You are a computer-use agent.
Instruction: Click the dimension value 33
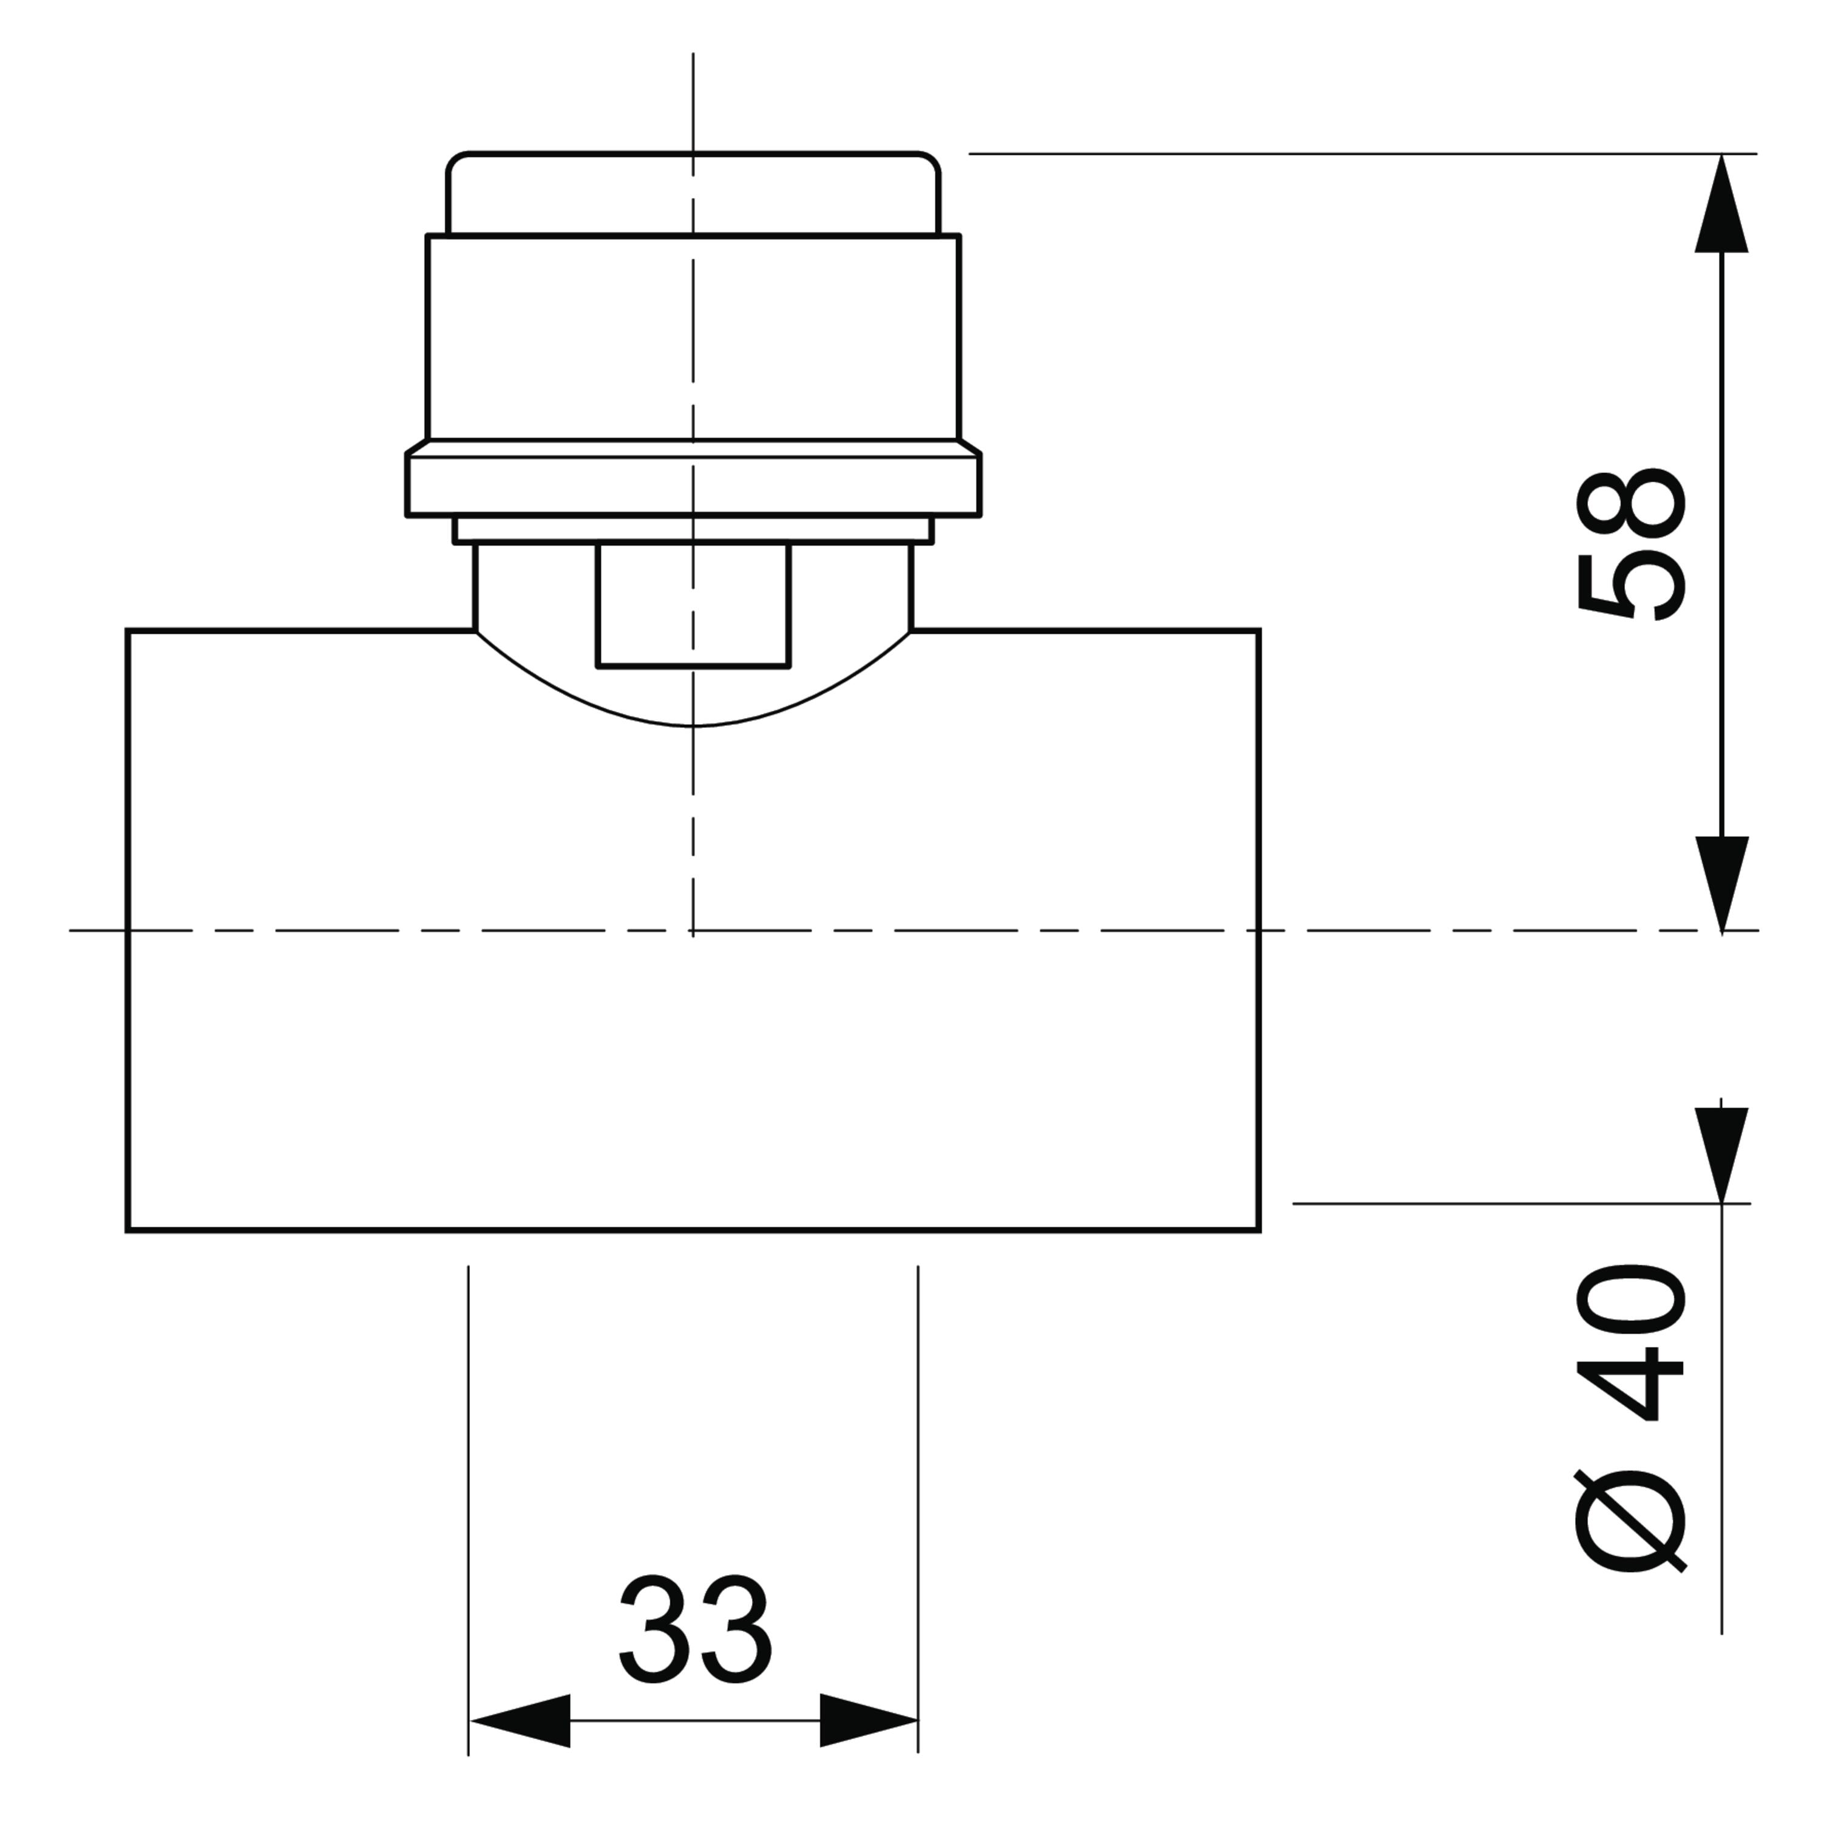(696, 1630)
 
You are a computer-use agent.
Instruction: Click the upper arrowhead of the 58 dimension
(1721, 203)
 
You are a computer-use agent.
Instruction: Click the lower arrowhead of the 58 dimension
(1721, 885)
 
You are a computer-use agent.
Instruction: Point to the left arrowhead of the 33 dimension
(520, 1721)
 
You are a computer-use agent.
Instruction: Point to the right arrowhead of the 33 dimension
(868, 1721)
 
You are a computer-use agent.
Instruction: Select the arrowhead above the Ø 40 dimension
(1721, 1155)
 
